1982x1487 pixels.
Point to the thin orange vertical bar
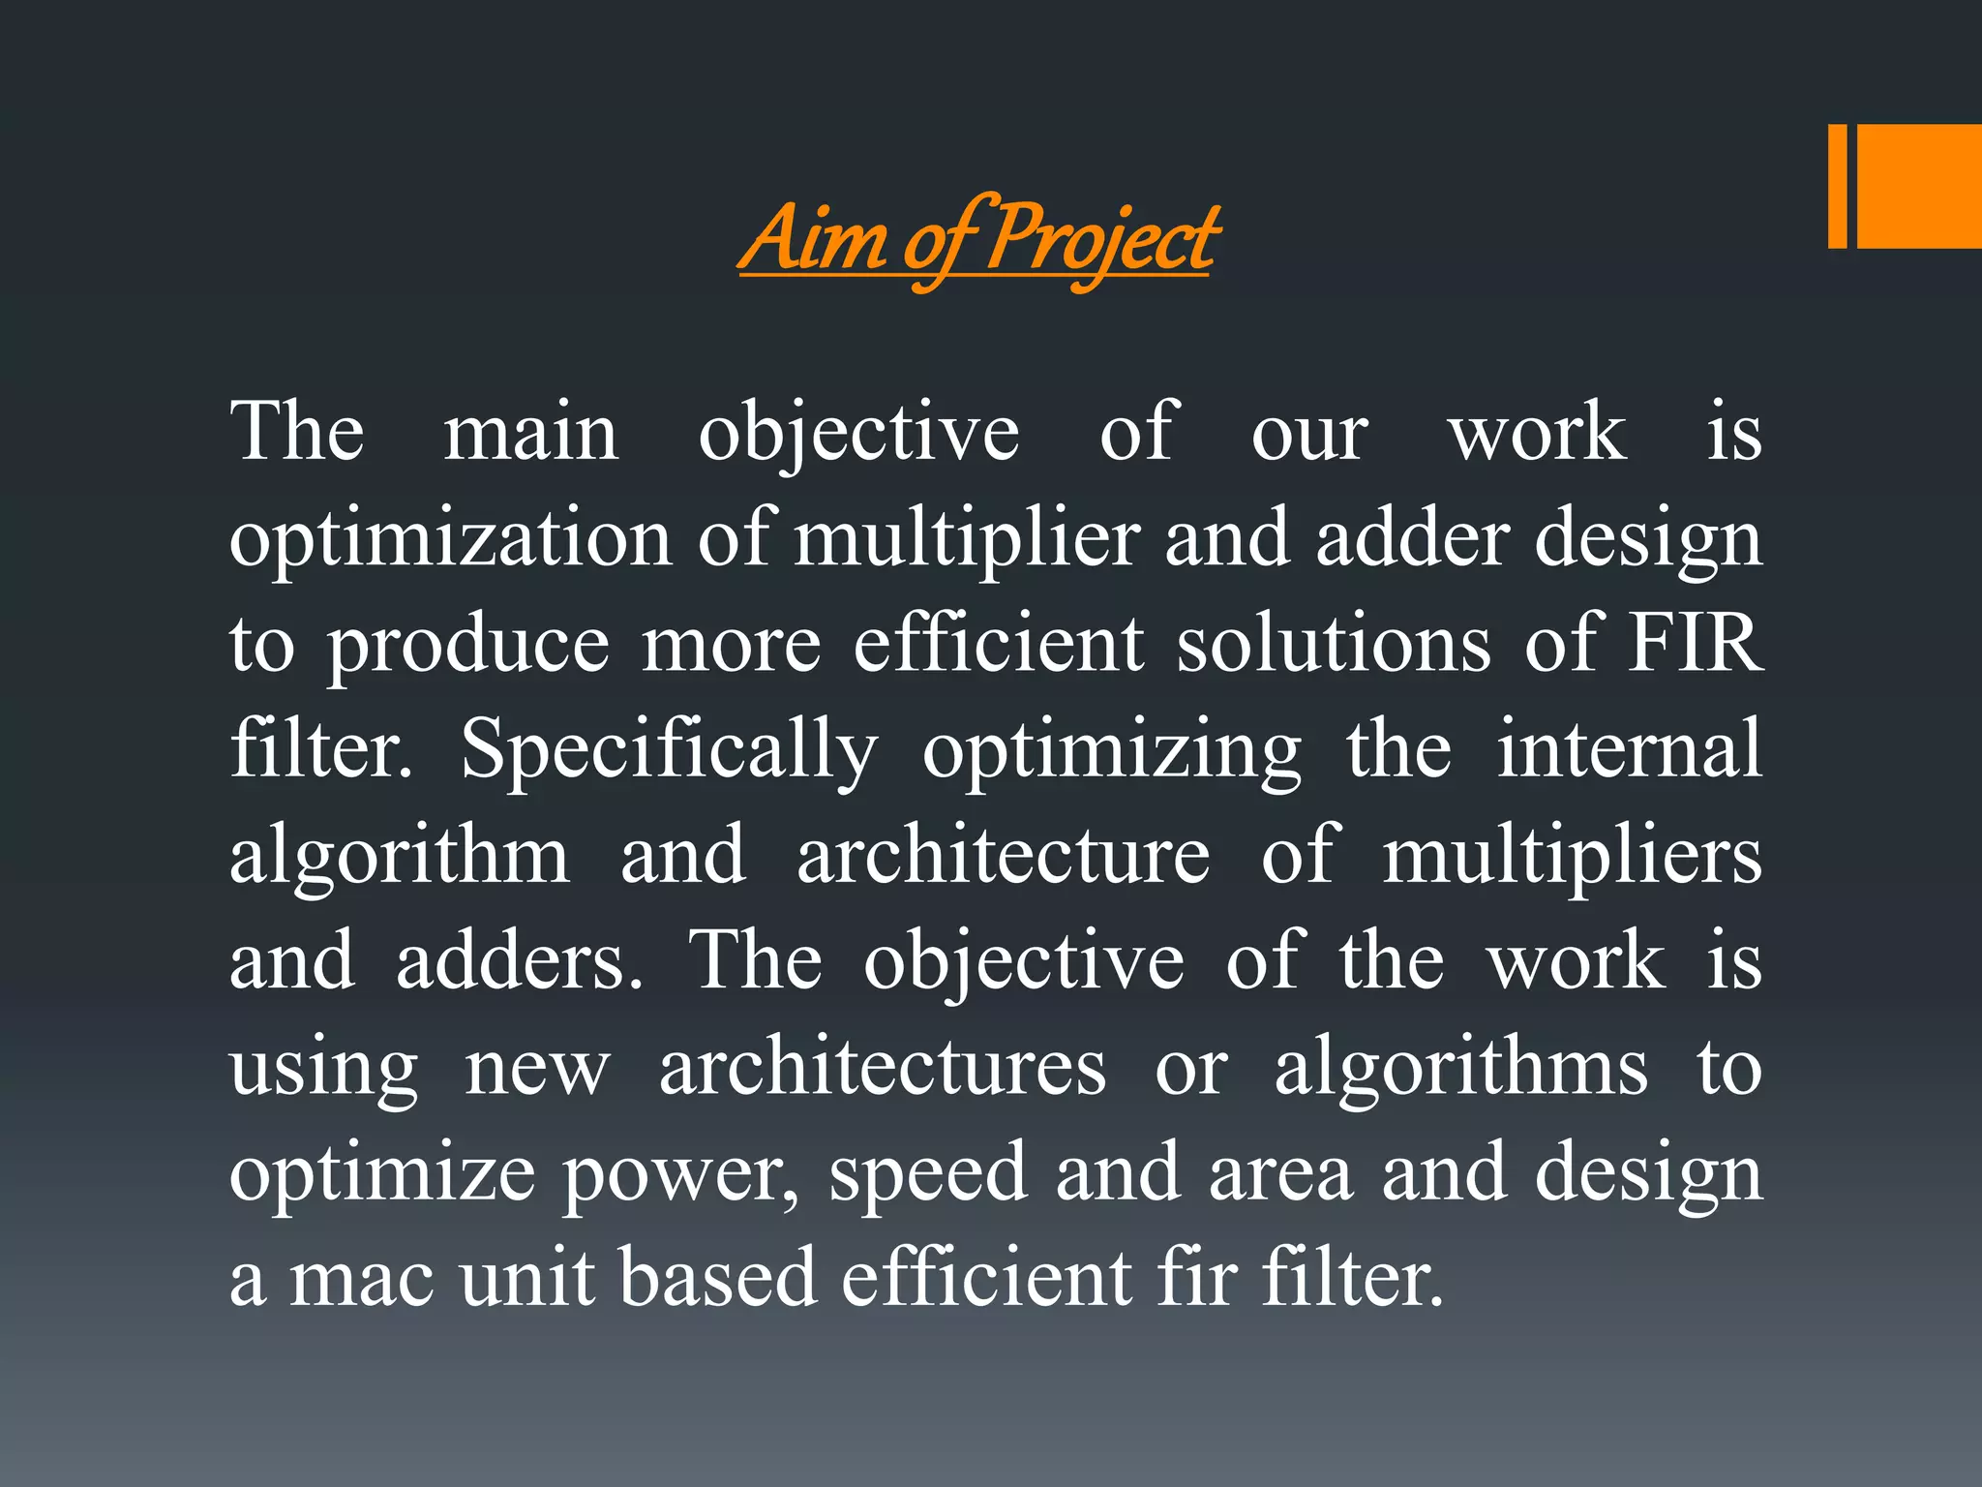coord(1837,186)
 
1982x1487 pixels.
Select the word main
coord(530,432)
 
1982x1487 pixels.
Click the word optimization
coord(450,538)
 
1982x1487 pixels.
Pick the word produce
coord(468,645)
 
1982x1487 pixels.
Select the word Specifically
coord(669,750)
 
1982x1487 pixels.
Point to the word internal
coord(1630,748)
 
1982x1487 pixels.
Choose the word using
coord(323,1069)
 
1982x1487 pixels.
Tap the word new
coord(537,1069)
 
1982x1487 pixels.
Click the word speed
coord(927,1173)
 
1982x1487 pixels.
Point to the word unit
coord(526,1278)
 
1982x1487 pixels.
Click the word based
coord(719,1278)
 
